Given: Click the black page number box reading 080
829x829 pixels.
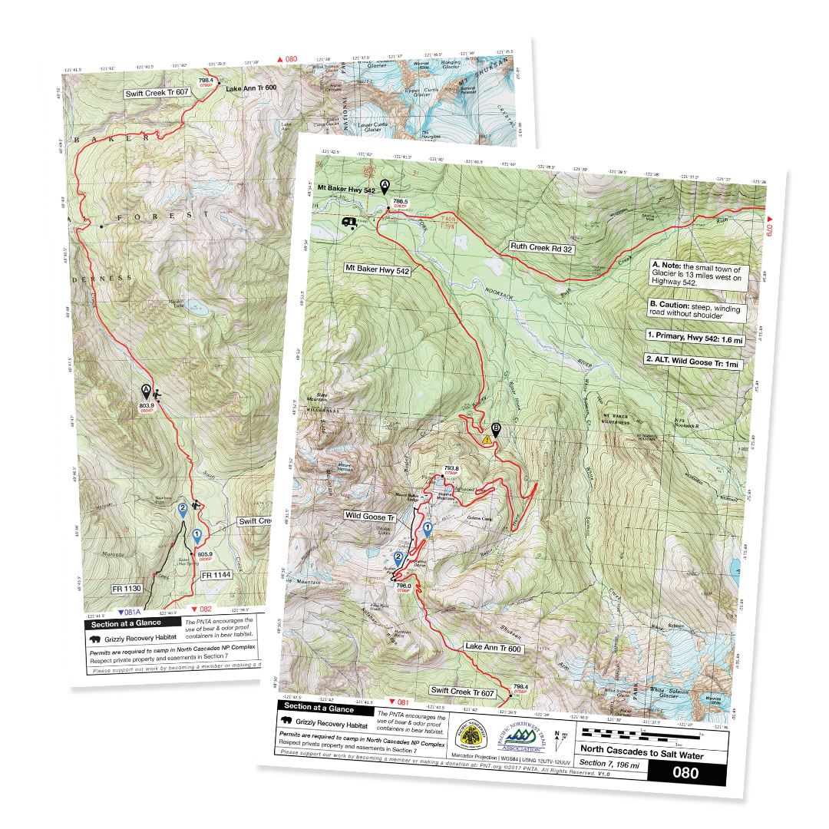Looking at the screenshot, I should pyautogui.click(x=685, y=773).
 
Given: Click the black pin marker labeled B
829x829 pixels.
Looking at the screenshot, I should pyautogui.click(x=496, y=430).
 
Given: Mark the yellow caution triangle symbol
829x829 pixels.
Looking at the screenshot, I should pyautogui.click(x=487, y=441).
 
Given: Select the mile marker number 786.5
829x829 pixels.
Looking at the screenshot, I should pyautogui.click(x=400, y=201).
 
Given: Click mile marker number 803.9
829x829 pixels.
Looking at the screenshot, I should pyautogui.click(x=147, y=405).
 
